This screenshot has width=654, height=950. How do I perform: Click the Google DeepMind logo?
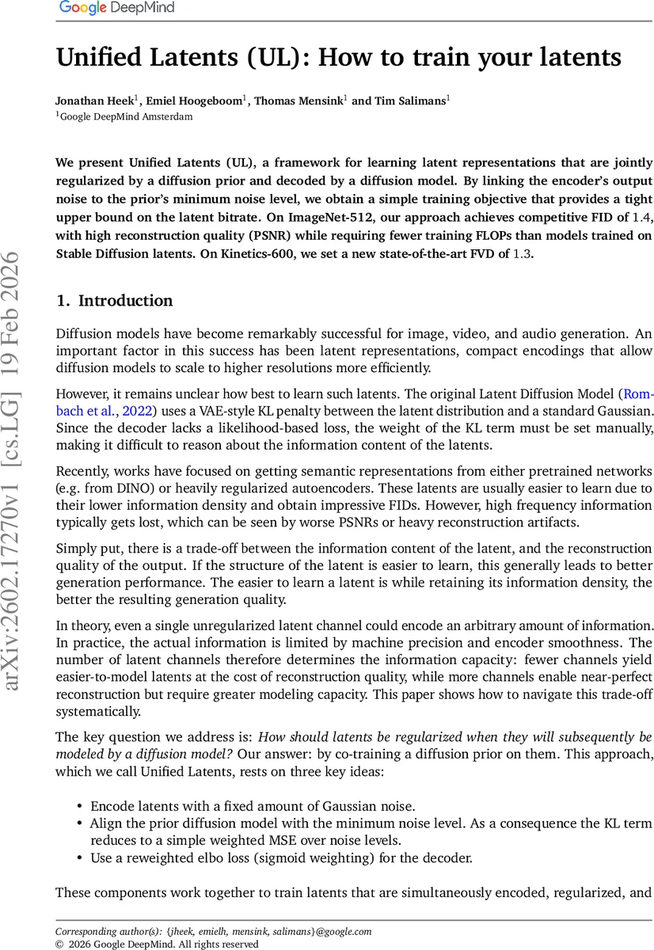click(117, 9)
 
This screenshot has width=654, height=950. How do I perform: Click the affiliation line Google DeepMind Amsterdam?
click(126, 116)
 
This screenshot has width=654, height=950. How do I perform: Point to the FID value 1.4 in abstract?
click(625, 217)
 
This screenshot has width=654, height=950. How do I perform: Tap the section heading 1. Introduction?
click(114, 301)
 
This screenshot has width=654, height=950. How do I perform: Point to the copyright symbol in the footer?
click(59, 944)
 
